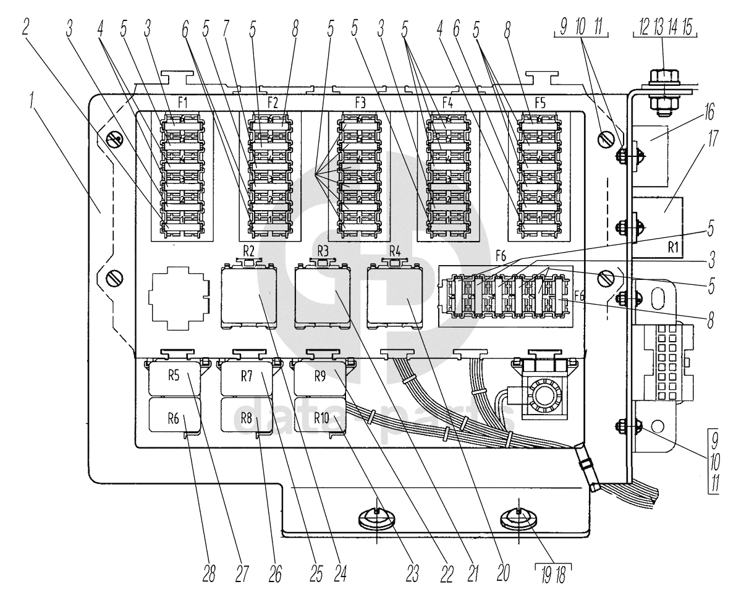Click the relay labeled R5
tap(174, 378)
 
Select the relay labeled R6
tap(174, 415)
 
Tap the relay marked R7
tap(246, 378)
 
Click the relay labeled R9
tap(319, 378)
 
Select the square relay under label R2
tap(249, 296)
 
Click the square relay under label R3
tap(322, 296)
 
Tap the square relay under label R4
tap(394, 296)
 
